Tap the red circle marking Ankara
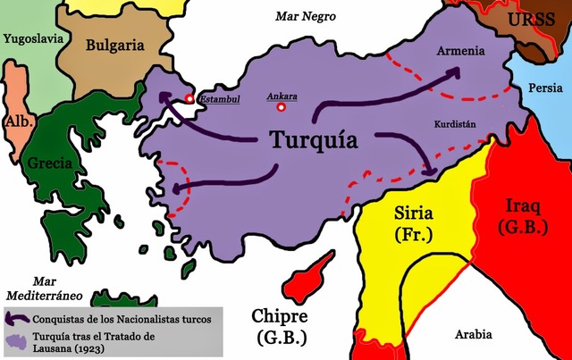point(282,107)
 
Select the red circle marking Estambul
point(189,98)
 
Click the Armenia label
point(461,50)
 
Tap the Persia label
point(546,89)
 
